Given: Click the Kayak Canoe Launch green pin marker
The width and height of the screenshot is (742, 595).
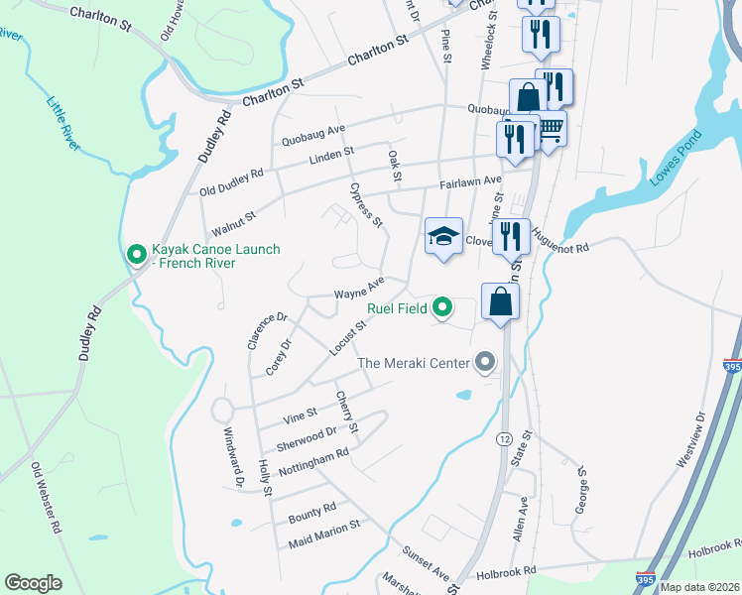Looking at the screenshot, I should pos(136,256).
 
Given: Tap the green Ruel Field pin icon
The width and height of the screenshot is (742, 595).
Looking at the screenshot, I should pos(443,308).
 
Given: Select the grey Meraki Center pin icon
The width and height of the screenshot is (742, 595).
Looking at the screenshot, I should pos(484,363).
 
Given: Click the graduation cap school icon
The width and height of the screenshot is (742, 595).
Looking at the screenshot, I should pos(443,236).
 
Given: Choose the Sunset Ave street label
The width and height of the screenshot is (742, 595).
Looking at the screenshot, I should pos(426,562).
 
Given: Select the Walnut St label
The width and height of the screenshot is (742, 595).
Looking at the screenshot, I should pos(233,221).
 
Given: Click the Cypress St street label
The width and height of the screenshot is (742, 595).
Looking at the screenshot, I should pos(365,203).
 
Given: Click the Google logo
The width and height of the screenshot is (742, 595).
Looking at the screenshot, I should pos(34,583).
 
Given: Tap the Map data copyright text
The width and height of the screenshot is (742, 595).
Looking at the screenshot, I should pos(699,587).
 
